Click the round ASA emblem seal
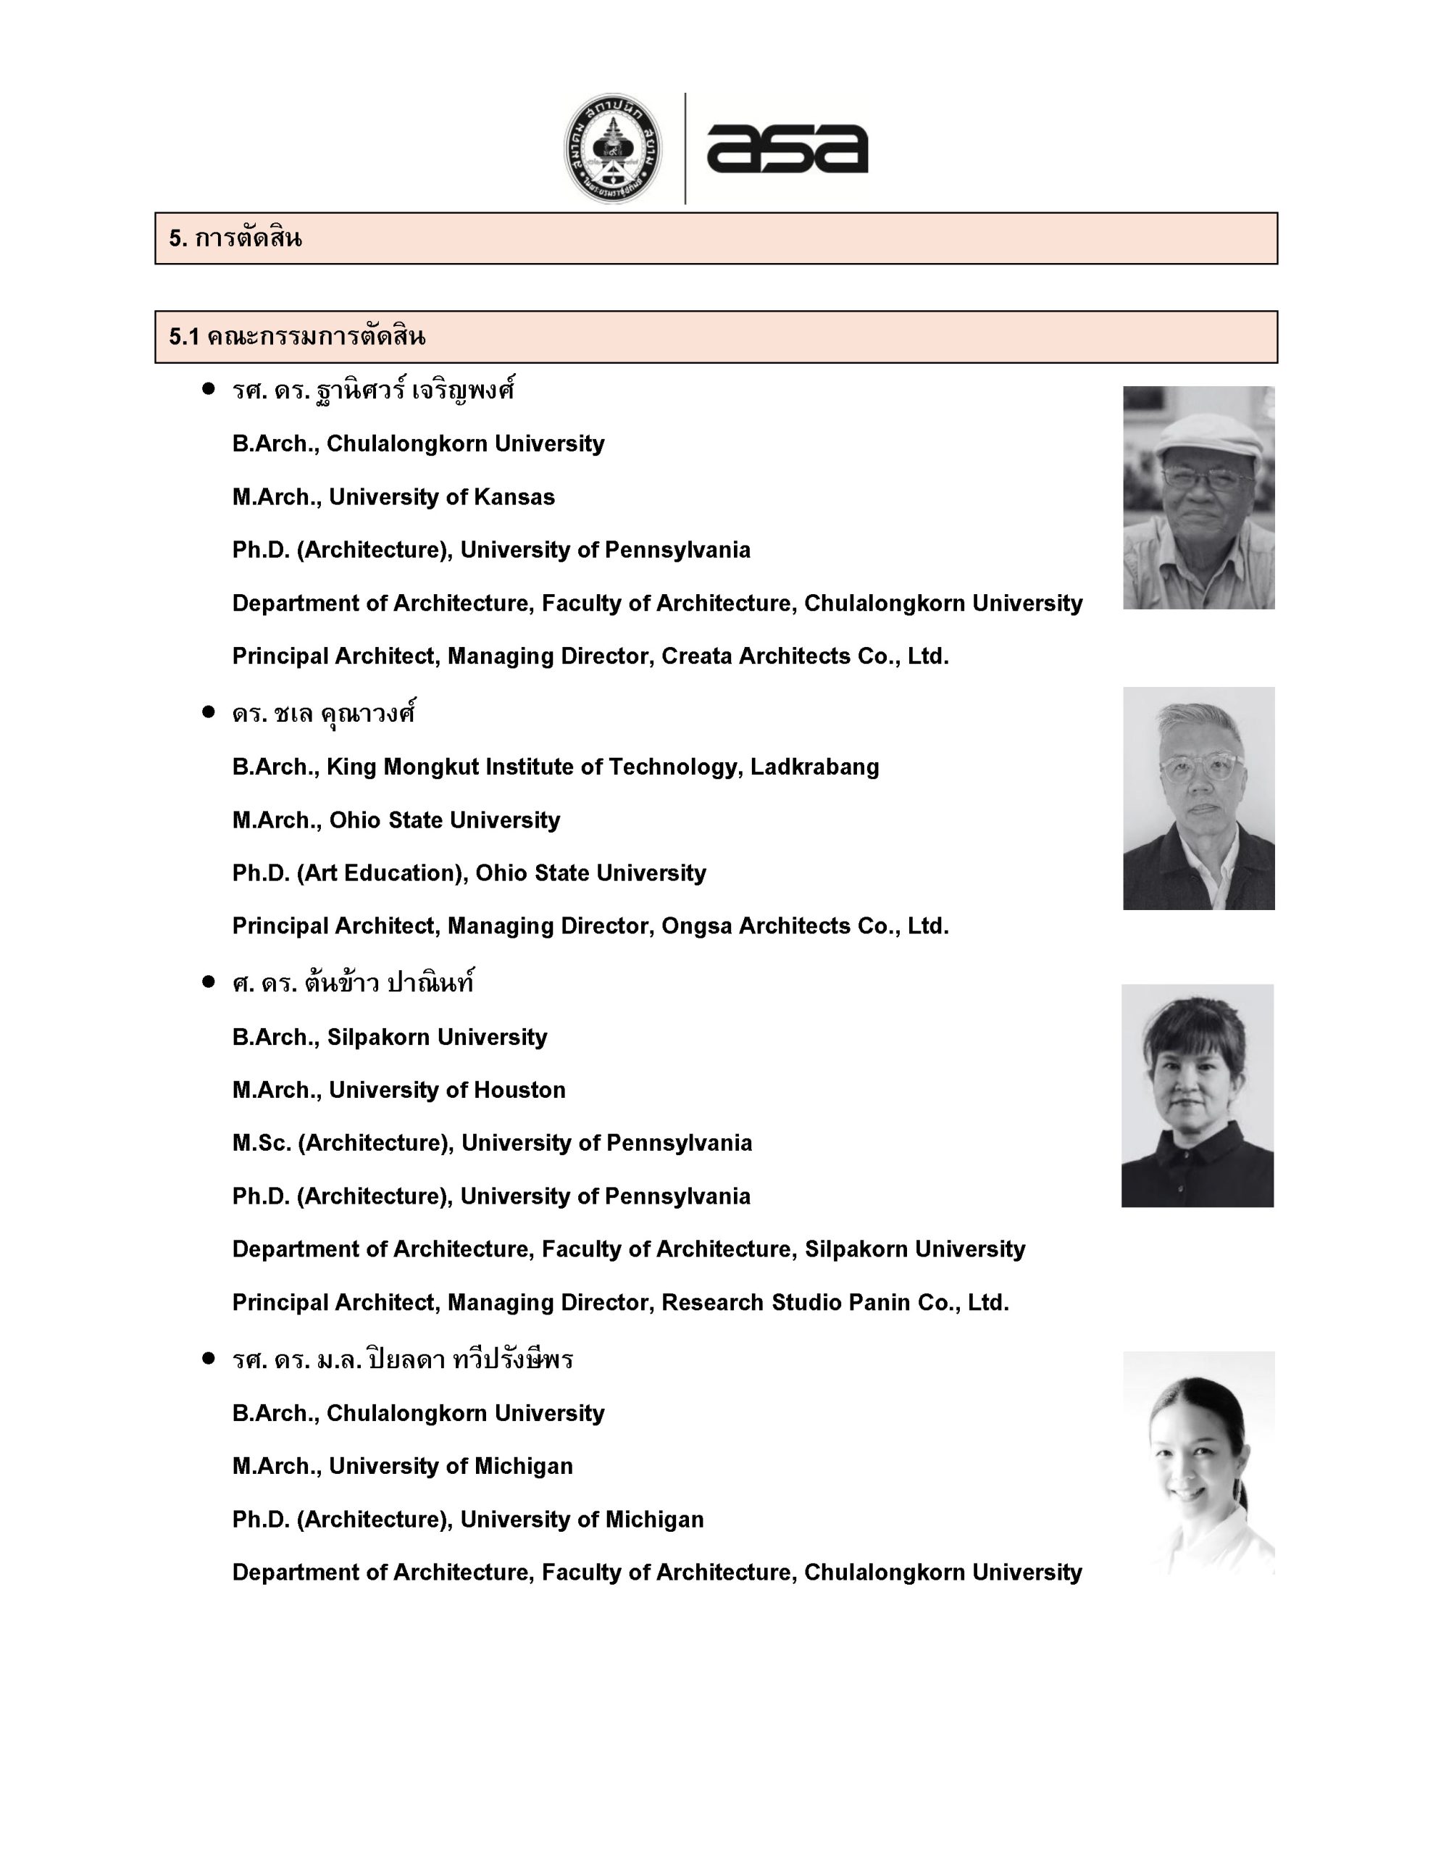pyautogui.click(x=614, y=149)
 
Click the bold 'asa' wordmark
pyautogui.click(x=787, y=149)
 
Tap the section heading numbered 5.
pyautogui.click(x=235, y=238)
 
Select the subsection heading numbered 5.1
pyautogui.click(x=296, y=337)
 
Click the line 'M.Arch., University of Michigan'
pyautogui.click(x=402, y=1466)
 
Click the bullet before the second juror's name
pyautogui.click(x=208, y=712)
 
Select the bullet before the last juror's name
pyautogui.click(x=208, y=1358)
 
